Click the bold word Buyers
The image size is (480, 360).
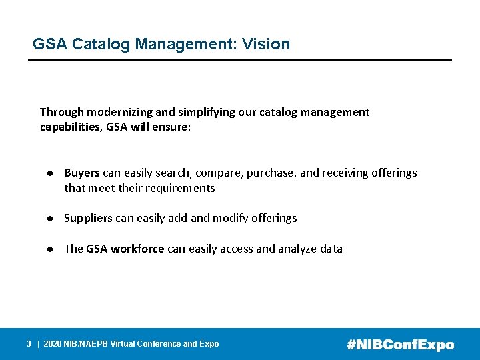[82, 173]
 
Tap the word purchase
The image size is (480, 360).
[271, 173]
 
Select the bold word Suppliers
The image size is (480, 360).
[88, 218]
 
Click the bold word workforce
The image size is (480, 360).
[137, 249]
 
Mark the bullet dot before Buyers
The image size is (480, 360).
[50, 173]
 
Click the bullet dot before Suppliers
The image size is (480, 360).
[50, 218]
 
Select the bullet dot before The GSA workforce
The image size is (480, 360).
[50, 249]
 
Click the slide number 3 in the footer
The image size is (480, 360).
[29, 344]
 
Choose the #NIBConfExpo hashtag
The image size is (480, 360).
[401, 345]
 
